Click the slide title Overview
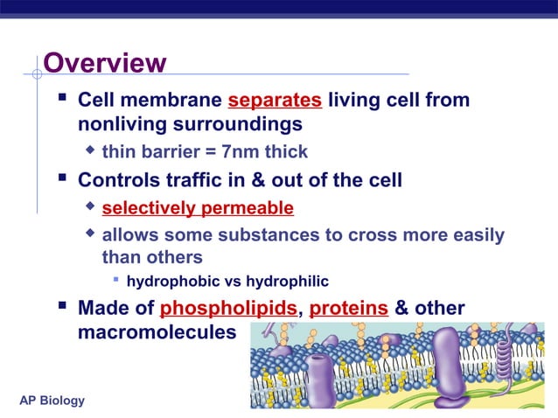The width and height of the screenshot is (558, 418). [104, 63]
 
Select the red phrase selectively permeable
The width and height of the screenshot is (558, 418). [198, 208]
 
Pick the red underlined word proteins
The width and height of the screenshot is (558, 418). [349, 309]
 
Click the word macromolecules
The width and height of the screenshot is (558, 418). [157, 333]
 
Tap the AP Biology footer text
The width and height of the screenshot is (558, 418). [52, 401]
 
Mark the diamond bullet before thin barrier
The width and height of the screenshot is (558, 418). [89, 150]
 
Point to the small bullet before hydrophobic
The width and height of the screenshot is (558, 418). [115, 280]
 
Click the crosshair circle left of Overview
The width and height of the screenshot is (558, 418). [37, 74]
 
